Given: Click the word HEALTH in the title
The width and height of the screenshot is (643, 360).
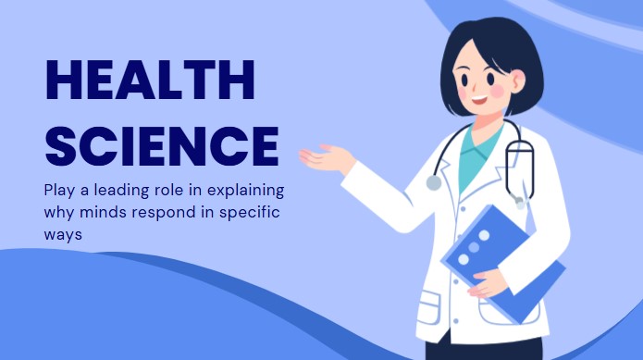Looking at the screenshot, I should coord(149,81).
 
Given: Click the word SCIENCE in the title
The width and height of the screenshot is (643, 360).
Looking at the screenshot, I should coord(162,144).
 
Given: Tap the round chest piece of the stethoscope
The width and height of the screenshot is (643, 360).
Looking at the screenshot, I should coord(434,182).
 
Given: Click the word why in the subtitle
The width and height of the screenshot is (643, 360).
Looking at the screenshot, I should coord(59,214).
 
